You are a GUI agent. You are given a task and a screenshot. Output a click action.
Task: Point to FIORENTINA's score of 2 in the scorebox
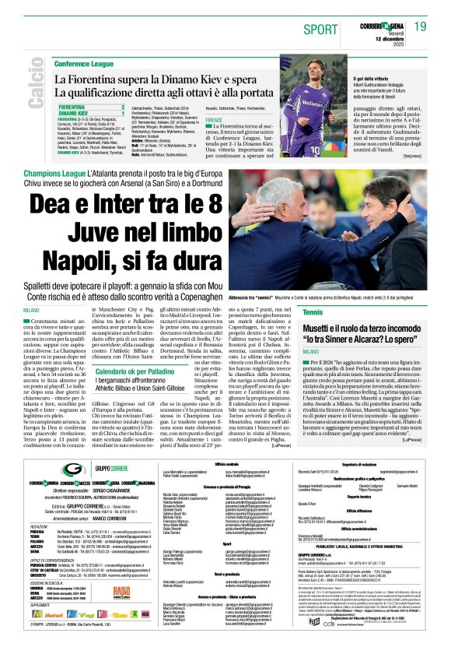click(122, 106)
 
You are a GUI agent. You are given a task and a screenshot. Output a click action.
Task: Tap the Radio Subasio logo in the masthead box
click(121, 591)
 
